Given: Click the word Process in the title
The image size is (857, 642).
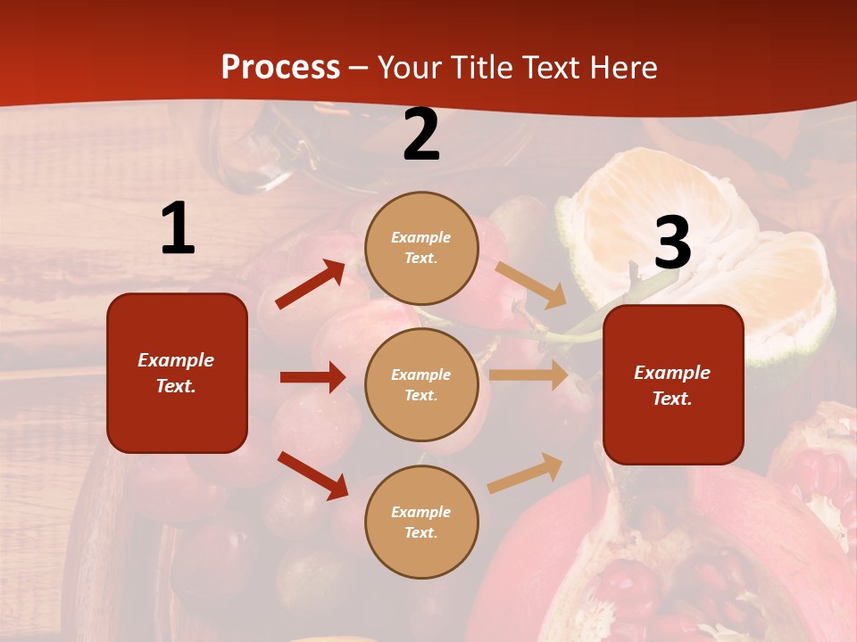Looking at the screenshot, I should (x=280, y=68).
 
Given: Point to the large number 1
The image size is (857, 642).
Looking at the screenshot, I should (x=178, y=229).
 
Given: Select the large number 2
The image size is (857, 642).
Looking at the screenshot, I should (x=421, y=136).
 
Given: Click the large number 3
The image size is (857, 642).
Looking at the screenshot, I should (x=672, y=243).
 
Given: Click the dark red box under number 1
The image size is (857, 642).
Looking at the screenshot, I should (x=177, y=373).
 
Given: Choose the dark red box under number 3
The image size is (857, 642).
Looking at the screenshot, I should (x=673, y=384).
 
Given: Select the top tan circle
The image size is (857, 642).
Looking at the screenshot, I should (x=421, y=248).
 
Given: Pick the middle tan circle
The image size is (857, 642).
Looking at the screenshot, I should (x=421, y=384).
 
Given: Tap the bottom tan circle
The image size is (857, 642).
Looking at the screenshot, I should (x=421, y=522).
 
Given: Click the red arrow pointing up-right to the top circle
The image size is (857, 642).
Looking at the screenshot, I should (x=311, y=284).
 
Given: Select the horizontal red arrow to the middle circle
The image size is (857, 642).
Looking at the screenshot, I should (x=312, y=377).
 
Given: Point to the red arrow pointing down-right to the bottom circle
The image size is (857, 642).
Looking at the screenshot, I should (x=312, y=475).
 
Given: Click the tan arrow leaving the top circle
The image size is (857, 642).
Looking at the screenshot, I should (x=530, y=285).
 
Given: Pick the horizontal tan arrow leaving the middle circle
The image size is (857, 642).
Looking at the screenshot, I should (x=528, y=375).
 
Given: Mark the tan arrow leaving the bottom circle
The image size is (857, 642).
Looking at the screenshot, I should (x=525, y=473).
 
